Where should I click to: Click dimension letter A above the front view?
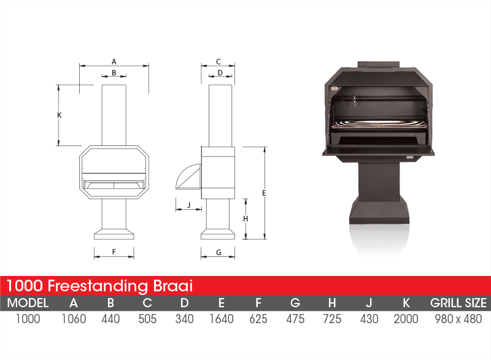tap(114, 61)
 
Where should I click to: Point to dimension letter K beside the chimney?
tap(60, 115)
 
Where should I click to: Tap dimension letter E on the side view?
tap(264, 193)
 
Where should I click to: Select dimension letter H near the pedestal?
tap(245, 218)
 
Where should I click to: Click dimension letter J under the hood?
tap(189, 205)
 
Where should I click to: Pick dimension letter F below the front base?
tap(114, 251)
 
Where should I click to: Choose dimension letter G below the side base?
tap(218, 252)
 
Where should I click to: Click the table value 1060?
tap(74, 319)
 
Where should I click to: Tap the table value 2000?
tap(406, 319)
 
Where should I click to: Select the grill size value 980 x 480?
tap(458, 319)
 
